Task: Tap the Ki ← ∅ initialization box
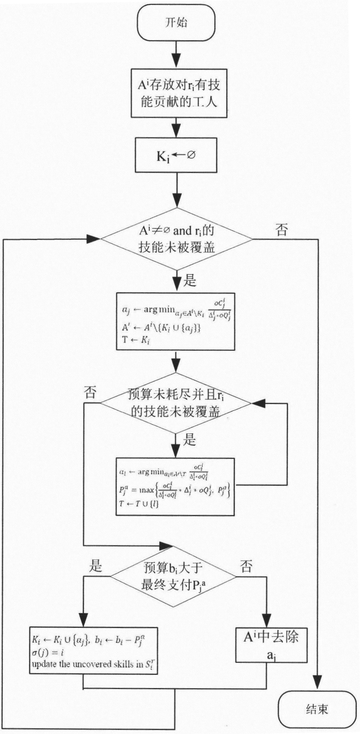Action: click(x=176, y=155)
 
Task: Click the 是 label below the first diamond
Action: click(x=190, y=280)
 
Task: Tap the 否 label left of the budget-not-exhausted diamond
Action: click(x=90, y=393)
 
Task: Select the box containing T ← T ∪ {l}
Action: click(x=175, y=487)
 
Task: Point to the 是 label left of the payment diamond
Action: click(x=96, y=566)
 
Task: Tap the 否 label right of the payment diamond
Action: click(x=246, y=566)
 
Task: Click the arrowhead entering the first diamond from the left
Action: click(x=93, y=239)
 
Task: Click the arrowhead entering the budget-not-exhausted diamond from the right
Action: click(x=258, y=403)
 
